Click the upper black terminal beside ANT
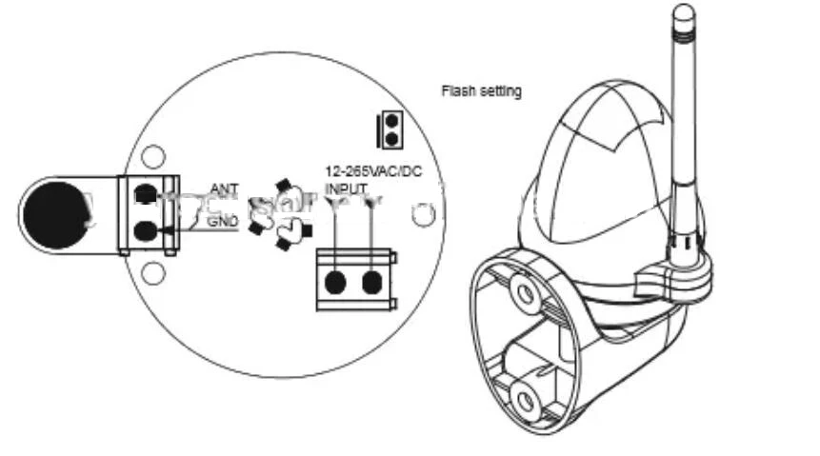coord(146,193)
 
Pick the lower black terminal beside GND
coord(146,230)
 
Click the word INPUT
coord(346,189)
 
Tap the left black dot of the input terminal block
coord(335,281)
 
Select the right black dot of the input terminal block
coord(372,281)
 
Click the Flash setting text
coord(480,91)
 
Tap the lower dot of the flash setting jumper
coord(389,138)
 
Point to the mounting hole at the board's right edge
coord(423,215)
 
